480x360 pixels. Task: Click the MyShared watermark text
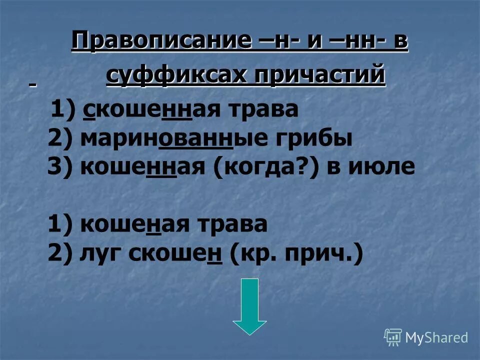(x=436, y=338)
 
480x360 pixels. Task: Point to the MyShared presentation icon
(x=392, y=337)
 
